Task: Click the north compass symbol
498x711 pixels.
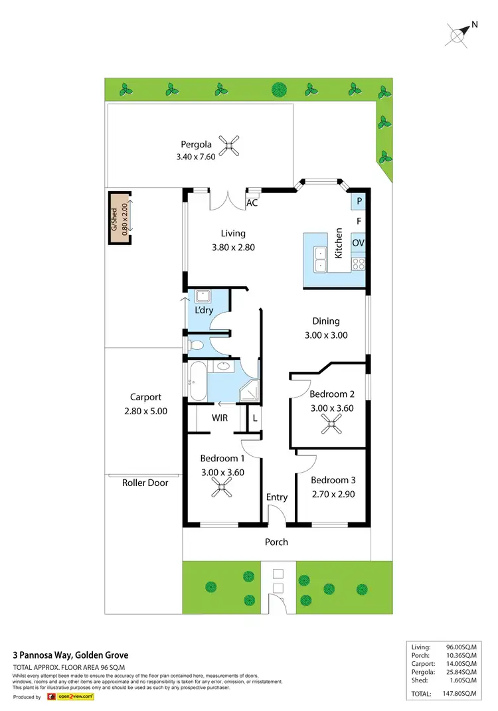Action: point(459,33)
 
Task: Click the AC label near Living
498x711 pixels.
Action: point(252,203)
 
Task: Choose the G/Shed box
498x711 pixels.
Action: point(120,213)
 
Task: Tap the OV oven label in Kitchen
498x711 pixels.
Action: point(358,243)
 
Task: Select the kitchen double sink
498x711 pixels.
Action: point(320,259)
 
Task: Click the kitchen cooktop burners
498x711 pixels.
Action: point(358,264)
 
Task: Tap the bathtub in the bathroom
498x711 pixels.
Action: point(198,382)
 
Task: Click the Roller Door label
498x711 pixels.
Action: point(145,483)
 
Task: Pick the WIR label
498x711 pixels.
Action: point(220,418)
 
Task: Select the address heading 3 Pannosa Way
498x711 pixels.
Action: point(71,655)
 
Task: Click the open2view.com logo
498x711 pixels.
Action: point(73,697)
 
